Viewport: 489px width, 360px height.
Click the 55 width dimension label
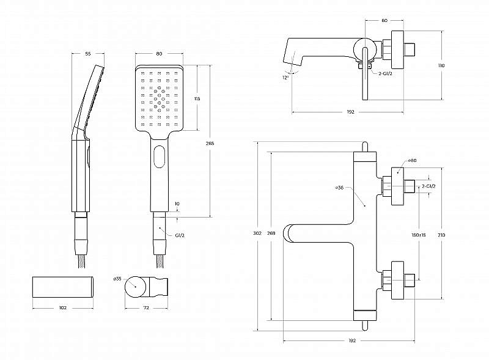click(88, 54)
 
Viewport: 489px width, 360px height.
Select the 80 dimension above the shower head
click(159, 54)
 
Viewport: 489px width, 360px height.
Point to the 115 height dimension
click(197, 99)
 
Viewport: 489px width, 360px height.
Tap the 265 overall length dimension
click(210, 144)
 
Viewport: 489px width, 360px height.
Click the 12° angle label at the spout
click(285, 78)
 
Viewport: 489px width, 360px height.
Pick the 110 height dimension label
click(441, 65)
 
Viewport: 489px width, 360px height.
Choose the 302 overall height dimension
click(257, 233)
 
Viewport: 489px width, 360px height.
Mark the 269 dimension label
click(271, 233)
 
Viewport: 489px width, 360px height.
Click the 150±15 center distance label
click(419, 235)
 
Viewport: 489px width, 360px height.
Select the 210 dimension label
click(441, 235)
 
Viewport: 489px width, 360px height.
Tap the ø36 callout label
click(339, 188)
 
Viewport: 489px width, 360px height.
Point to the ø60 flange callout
click(412, 160)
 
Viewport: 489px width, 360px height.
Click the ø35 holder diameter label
click(117, 279)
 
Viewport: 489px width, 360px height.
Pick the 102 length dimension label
click(63, 307)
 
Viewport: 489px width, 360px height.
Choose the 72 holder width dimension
click(146, 307)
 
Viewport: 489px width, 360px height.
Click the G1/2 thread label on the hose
click(180, 235)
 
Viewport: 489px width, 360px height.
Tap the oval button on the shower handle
click(160, 157)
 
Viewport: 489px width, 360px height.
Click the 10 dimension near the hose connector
click(177, 204)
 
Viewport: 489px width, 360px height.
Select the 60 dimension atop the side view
click(384, 20)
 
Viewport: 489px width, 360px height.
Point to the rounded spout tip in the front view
click(286, 233)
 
